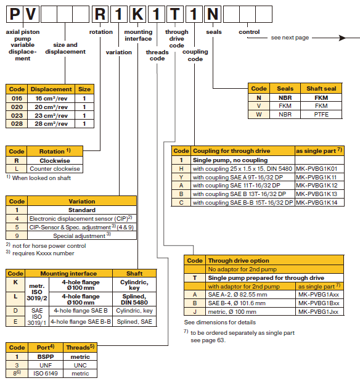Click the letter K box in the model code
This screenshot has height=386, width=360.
point(137,14)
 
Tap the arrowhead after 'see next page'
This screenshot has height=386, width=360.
point(342,38)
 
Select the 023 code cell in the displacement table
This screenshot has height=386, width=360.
point(17,115)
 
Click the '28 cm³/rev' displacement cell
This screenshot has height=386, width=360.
point(51,124)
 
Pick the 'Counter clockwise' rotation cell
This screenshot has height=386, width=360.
point(55,169)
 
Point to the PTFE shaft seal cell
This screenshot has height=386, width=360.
point(321,115)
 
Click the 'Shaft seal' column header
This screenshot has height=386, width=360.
point(321,89)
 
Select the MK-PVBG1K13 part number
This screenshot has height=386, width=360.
point(316,194)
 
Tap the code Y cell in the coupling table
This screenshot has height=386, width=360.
point(181,177)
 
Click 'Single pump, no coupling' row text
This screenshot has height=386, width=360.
point(230,160)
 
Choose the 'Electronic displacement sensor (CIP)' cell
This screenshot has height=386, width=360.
point(82,219)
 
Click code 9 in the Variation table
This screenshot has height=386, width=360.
point(17,236)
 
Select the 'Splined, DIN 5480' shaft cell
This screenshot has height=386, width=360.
point(134,299)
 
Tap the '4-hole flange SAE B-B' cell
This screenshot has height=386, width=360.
point(81,322)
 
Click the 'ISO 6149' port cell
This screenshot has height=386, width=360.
point(46,374)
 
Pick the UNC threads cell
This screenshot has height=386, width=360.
point(80,365)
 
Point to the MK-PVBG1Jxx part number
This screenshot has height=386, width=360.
point(319,312)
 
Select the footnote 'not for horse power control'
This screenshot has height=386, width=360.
point(49,246)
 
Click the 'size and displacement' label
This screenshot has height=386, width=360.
point(65,48)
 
